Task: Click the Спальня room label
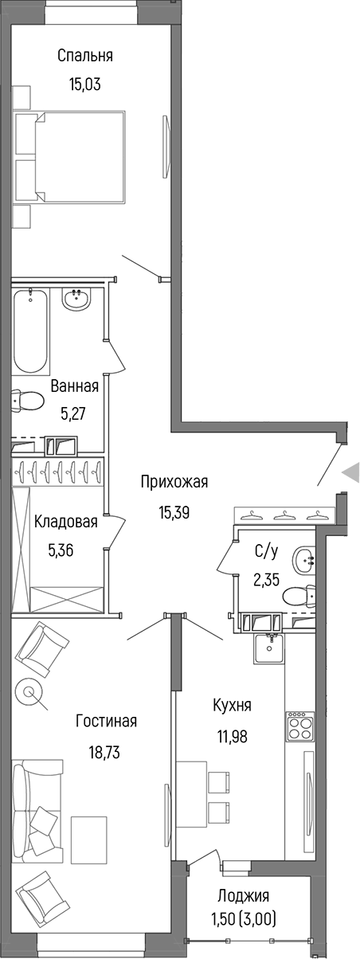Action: pos(84,56)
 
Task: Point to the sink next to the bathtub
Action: pos(76,300)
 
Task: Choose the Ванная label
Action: pos(74,386)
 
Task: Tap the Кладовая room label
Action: pos(66,523)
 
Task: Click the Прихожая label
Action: pos(174,481)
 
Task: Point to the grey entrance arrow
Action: pos(351,473)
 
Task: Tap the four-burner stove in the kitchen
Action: pos(300,726)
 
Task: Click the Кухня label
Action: pos(233,706)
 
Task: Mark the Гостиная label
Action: pos(107,722)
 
